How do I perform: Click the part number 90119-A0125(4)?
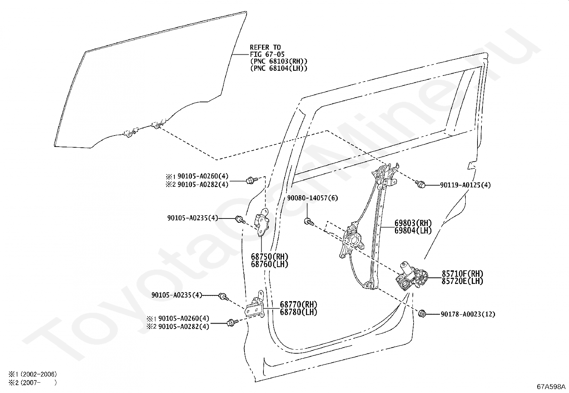click(x=465, y=185)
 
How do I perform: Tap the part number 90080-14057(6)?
click(x=312, y=198)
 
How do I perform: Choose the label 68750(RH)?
click(x=269, y=256)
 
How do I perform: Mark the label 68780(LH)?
click(x=298, y=312)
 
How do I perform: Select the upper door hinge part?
click(x=263, y=222)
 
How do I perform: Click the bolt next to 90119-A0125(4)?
click(x=421, y=185)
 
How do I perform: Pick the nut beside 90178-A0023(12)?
click(x=422, y=314)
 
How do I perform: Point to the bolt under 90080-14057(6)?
click(x=308, y=222)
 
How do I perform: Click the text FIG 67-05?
click(x=265, y=54)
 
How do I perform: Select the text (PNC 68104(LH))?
click(x=278, y=68)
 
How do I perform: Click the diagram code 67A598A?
click(x=551, y=387)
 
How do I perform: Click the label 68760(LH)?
click(x=269, y=264)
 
